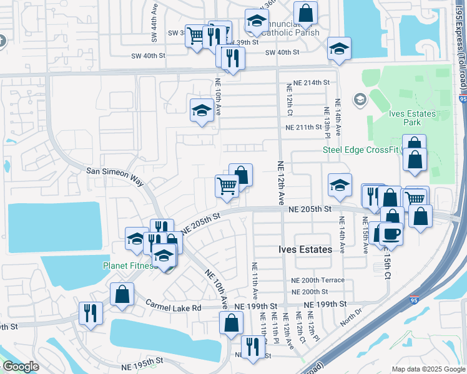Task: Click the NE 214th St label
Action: click(x=308, y=82)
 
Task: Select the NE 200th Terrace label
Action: click(x=317, y=280)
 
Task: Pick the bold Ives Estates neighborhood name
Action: click(x=305, y=249)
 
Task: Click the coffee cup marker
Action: click(x=391, y=233)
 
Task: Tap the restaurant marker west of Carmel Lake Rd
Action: click(x=91, y=313)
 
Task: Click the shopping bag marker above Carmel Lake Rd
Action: click(x=122, y=294)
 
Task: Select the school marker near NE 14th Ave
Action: click(x=339, y=184)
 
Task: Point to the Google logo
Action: click(x=21, y=367)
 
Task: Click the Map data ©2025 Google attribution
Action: click(x=428, y=369)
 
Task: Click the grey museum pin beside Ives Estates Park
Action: click(x=360, y=99)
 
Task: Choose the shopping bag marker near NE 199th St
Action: click(x=231, y=323)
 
